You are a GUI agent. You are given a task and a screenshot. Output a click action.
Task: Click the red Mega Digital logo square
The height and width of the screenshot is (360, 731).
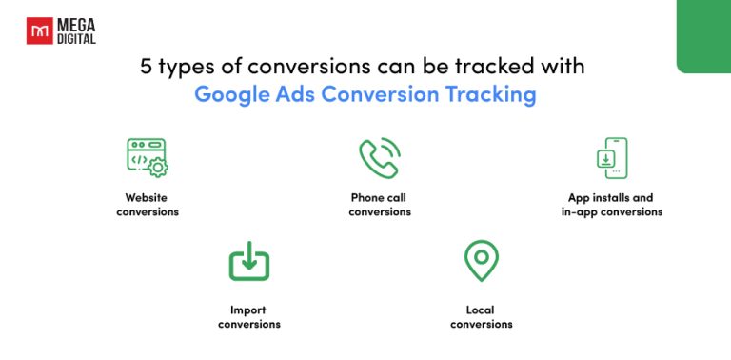[37, 33]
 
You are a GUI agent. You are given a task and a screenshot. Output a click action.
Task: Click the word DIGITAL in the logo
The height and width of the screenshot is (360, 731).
[76, 40]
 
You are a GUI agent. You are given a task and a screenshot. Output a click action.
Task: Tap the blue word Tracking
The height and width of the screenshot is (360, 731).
[495, 94]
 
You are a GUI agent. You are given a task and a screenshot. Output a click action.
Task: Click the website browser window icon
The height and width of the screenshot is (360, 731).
[145, 154]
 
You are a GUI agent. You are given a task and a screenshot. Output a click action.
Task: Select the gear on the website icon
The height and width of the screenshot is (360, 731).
[158, 168]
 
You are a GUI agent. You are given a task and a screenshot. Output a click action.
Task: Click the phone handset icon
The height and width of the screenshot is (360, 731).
[379, 159]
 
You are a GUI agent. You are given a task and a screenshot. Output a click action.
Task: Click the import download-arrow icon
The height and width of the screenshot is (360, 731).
[249, 261]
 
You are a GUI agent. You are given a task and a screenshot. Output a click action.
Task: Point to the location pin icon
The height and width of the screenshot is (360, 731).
[481, 259]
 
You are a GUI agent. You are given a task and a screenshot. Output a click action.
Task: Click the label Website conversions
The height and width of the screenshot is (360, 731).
[148, 205]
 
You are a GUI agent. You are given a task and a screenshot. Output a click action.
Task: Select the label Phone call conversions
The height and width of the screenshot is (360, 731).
[380, 205]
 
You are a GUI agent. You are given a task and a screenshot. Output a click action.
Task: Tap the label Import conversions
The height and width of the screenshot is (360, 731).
[249, 316]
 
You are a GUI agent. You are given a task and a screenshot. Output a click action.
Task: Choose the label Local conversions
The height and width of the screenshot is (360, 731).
[481, 316]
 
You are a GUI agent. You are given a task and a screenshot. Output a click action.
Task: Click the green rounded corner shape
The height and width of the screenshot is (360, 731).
[704, 36]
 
